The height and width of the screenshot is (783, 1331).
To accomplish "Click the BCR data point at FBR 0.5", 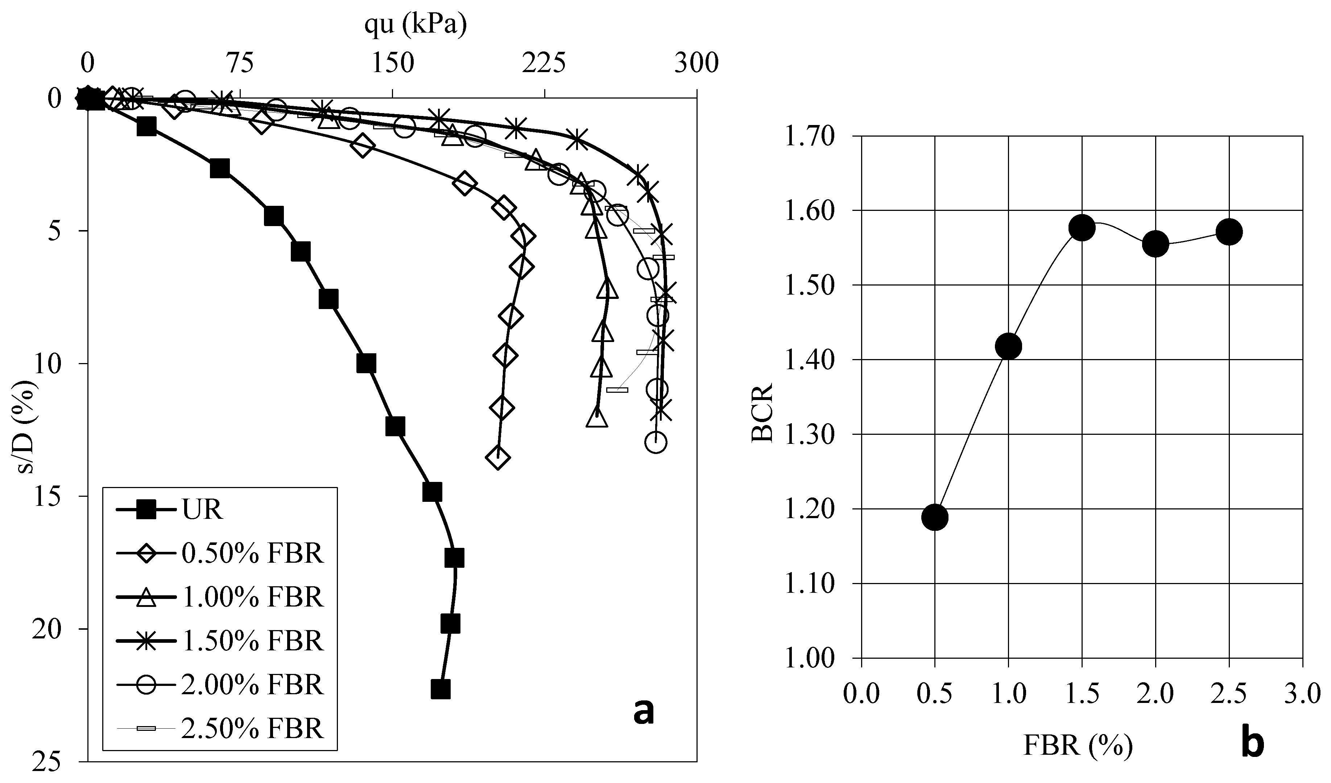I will tap(935, 517).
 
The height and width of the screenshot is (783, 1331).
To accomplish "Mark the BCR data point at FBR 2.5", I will tap(1229, 232).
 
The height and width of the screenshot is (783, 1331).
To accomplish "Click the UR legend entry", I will tap(202, 511).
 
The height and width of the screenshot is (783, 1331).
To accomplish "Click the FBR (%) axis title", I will tap(1078, 746).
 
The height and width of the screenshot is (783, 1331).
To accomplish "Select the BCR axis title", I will tap(762, 412).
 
